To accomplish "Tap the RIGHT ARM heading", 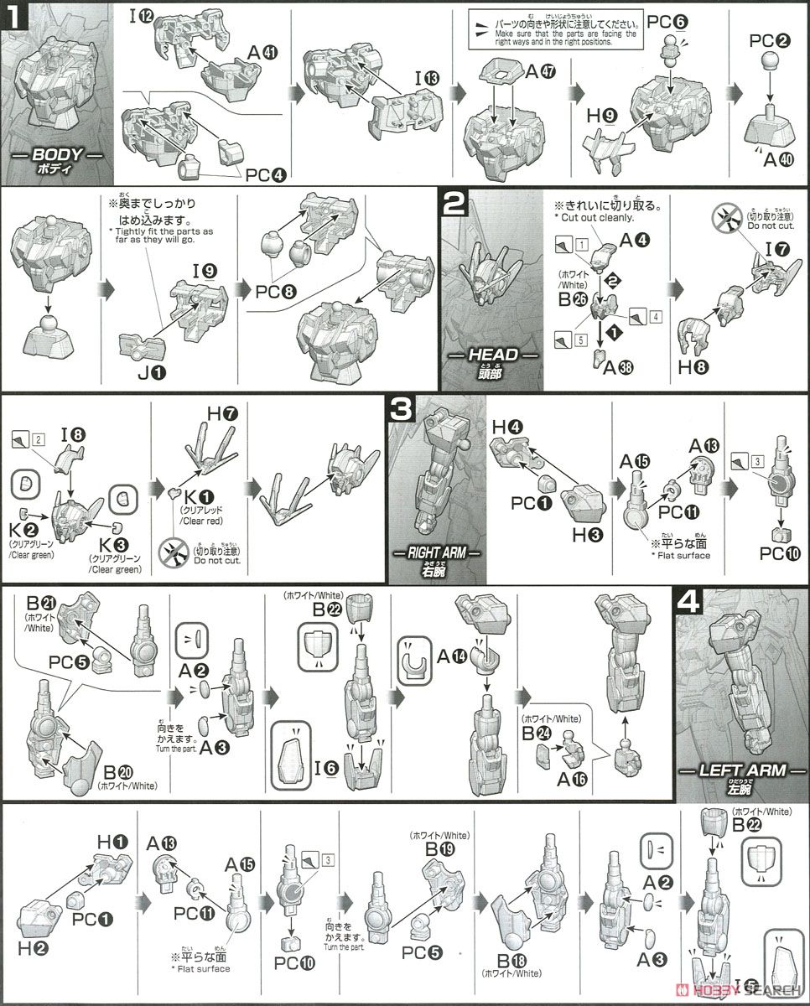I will tap(437, 554).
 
